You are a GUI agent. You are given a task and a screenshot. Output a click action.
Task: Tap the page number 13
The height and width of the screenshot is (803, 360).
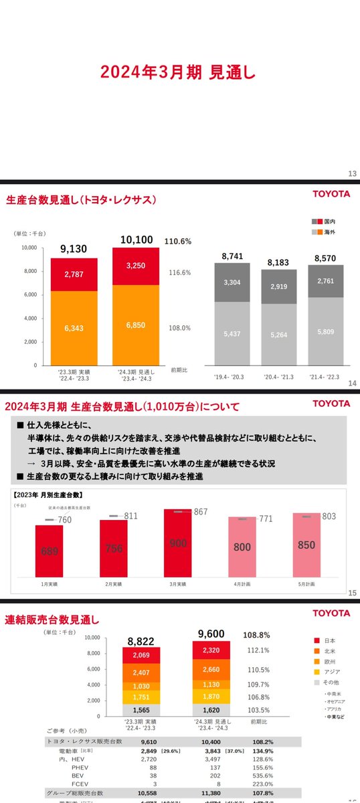352,174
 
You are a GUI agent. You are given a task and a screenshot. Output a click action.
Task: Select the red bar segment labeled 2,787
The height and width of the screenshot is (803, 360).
74,274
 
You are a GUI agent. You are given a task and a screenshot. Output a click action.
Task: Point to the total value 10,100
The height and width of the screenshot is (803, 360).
137,240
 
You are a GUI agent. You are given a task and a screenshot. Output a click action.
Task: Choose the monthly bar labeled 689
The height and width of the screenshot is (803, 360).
49,550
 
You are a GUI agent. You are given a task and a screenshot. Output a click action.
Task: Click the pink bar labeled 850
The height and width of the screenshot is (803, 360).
306,545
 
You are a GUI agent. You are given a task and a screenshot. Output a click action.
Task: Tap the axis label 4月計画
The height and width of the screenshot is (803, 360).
242,584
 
